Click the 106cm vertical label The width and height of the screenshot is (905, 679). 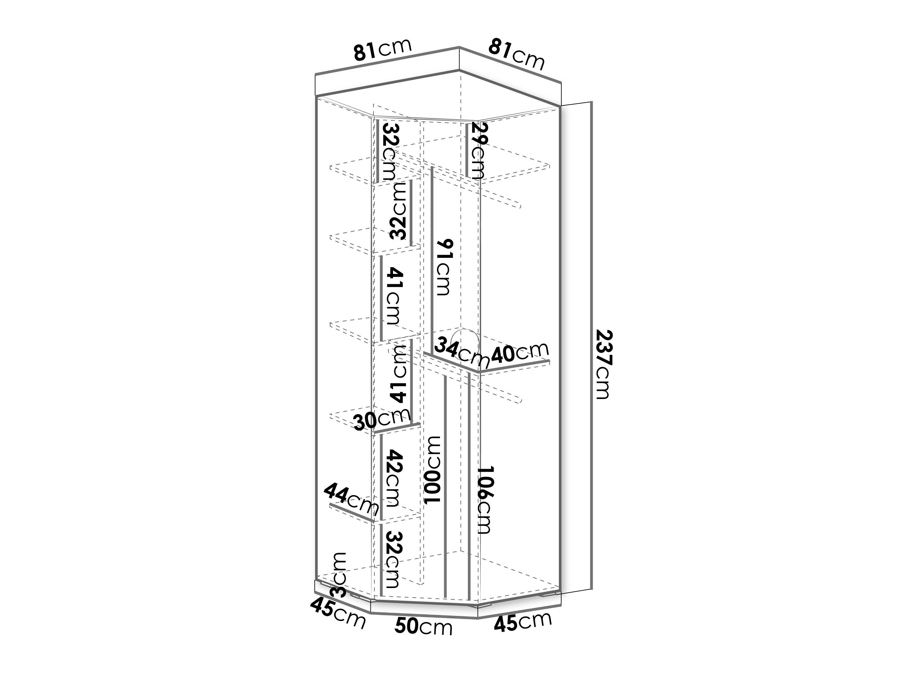tap(486, 499)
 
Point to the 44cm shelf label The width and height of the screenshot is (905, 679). tap(352, 500)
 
